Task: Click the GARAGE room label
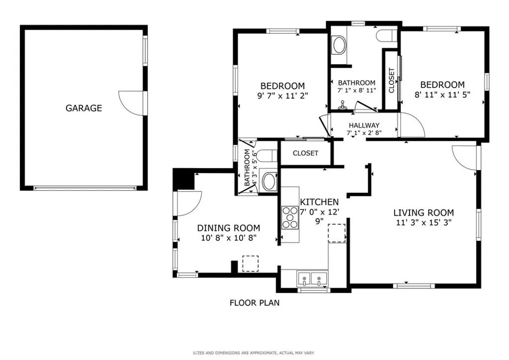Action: pyautogui.click(x=84, y=108)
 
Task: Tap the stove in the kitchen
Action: pyautogui.click(x=290, y=217)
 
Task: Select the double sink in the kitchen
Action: pyautogui.click(x=313, y=279)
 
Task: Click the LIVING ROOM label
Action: pyautogui.click(x=424, y=213)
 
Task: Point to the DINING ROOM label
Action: pyautogui.click(x=229, y=228)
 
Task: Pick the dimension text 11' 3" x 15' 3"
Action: pyautogui.click(x=424, y=223)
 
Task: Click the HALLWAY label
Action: pyautogui.click(x=364, y=125)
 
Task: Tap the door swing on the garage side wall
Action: pyautogui.click(x=131, y=102)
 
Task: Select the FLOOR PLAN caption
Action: pyautogui.click(x=254, y=303)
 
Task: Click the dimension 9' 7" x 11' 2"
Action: pyautogui.click(x=282, y=96)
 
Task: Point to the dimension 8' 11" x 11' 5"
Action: pyautogui.click(x=442, y=95)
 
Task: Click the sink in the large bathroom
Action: pyautogui.click(x=339, y=45)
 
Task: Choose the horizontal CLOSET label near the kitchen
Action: pyautogui.click(x=306, y=153)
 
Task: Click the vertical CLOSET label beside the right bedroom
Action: pyautogui.click(x=392, y=81)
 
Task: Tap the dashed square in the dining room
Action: pyautogui.click(x=251, y=264)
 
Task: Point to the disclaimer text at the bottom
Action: pyautogui.click(x=254, y=353)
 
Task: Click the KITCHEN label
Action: pyautogui.click(x=319, y=202)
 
